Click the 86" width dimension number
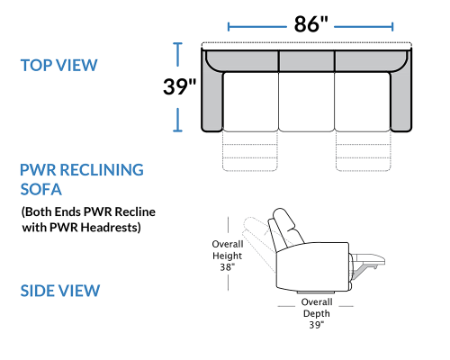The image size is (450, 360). tap(310, 24)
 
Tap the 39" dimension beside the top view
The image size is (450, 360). tap(179, 86)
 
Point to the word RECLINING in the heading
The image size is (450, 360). tap(102, 170)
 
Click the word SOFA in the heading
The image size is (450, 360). tap(41, 189)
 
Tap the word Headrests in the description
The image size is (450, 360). tap(111, 227)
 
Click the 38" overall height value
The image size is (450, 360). tap(227, 266)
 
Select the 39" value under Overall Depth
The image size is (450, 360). tap(317, 325)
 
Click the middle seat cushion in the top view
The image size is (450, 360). tap(306, 102)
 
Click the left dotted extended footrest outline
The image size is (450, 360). tap(249, 151)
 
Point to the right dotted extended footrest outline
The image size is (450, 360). tap(364, 151)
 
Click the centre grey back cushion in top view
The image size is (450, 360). tap(307, 61)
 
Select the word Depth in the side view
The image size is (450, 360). tap(317, 314)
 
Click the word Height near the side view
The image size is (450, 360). tap(227, 256)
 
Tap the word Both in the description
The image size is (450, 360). tap(36, 212)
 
